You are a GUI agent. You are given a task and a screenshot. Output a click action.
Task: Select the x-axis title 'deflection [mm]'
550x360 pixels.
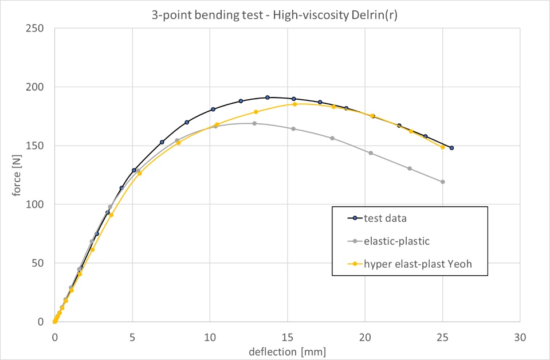pos(287,350)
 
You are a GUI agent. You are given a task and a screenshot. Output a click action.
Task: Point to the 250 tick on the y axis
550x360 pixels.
pos(40,29)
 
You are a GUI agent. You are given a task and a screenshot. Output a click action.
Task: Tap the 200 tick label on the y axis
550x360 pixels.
pos(40,87)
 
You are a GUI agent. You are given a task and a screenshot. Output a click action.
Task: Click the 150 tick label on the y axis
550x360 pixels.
pos(40,146)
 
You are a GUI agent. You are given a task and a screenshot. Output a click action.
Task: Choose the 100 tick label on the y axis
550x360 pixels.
pos(40,205)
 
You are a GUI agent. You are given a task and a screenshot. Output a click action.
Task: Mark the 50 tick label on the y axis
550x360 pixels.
pos(42,263)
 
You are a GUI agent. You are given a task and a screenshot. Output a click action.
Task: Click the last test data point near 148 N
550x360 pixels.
pos(451,148)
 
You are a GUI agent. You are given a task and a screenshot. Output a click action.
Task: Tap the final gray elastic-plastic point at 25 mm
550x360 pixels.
pos(442,182)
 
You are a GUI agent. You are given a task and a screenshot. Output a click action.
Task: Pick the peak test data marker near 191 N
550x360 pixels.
pos(268,97)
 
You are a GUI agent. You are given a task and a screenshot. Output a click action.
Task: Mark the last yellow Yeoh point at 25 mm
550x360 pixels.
pos(442,147)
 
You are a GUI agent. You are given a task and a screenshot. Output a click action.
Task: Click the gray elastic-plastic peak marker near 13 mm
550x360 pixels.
pos(254,123)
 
